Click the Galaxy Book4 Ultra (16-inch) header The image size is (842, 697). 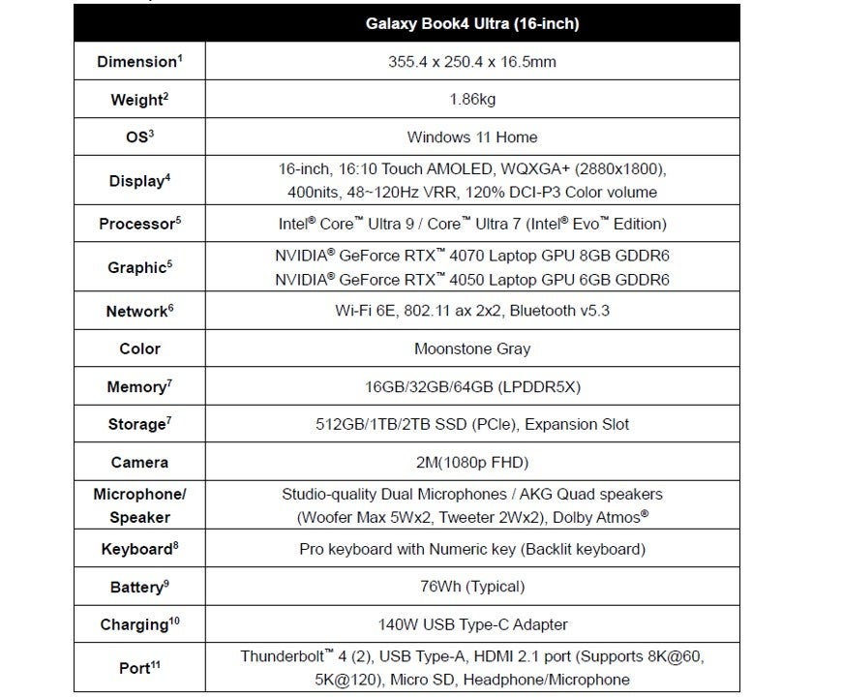(x=472, y=23)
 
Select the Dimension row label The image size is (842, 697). (x=139, y=63)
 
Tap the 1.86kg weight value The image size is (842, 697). (x=472, y=100)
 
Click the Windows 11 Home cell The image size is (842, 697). (x=472, y=136)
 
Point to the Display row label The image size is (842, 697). (x=139, y=180)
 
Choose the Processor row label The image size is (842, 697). (x=139, y=225)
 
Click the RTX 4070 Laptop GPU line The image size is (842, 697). (x=471, y=257)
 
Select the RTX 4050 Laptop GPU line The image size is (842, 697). (x=471, y=280)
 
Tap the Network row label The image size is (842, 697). (x=139, y=312)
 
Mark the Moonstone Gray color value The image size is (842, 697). (x=472, y=348)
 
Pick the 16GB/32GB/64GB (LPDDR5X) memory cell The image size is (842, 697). (x=472, y=386)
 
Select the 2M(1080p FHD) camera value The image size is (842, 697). (x=472, y=462)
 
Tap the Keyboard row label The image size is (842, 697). (x=139, y=549)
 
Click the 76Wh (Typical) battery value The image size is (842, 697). (x=472, y=586)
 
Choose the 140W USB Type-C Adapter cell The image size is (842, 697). (x=472, y=624)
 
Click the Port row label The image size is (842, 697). (x=139, y=668)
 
